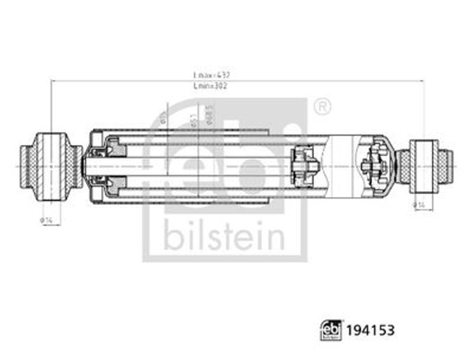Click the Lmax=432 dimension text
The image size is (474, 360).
click(211, 75)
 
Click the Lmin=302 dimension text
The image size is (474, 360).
click(211, 86)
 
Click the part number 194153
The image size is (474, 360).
click(370, 330)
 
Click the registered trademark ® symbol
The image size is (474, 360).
click(322, 107)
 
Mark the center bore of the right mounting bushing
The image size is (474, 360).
click(424, 166)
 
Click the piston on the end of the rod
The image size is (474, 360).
click(304, 166)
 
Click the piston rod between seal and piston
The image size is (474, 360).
click(197, 166)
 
